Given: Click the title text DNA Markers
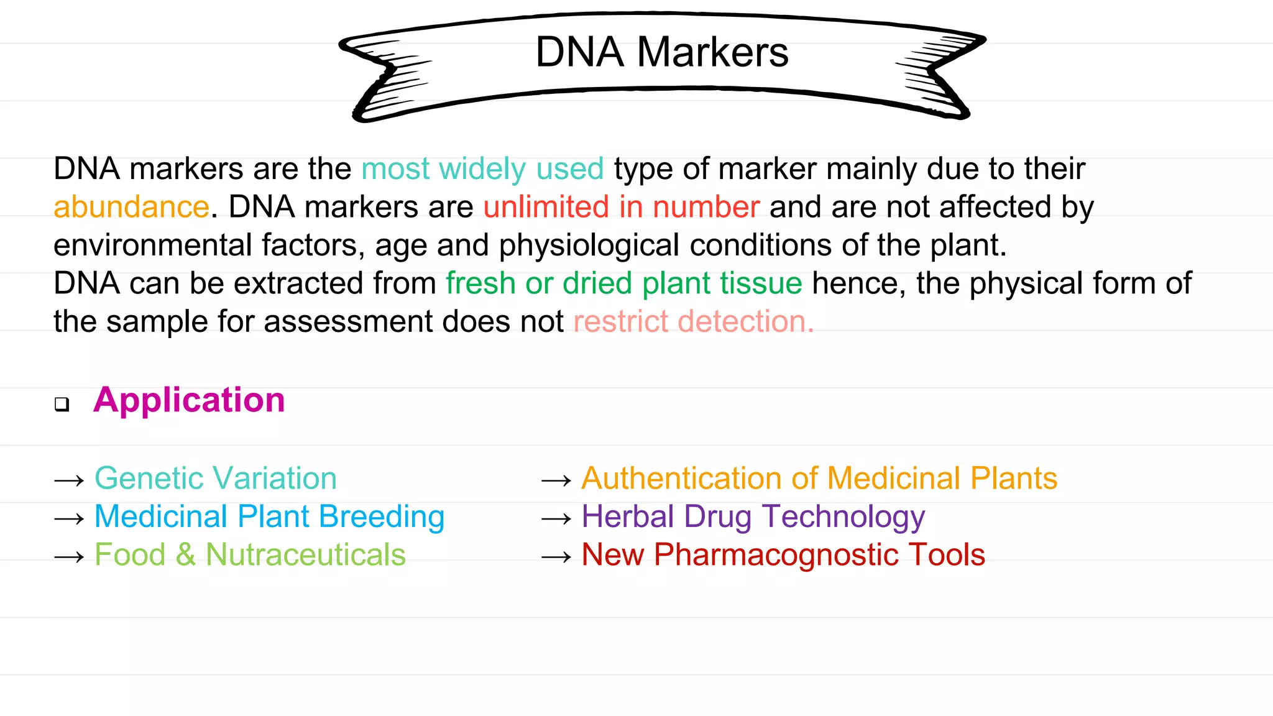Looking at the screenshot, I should point(661,52).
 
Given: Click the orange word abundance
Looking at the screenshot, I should point(131,207).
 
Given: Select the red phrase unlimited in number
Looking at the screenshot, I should point(621,207).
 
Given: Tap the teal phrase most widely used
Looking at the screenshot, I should point(482,169).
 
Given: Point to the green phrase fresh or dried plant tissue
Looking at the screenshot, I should point(623,283).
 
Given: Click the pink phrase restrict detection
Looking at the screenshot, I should point(693,322).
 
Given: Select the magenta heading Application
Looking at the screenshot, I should point(189,400).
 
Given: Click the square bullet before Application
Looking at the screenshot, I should point(62,405).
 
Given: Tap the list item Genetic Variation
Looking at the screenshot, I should point(215,479).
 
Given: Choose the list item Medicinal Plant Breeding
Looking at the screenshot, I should point(269,517).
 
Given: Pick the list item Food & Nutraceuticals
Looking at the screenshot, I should point(250,555).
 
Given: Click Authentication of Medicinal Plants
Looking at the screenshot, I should point(819,479).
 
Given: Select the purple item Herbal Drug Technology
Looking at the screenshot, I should point(753,517).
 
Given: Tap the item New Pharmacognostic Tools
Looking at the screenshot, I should point(783,555).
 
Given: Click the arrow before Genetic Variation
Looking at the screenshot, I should point(69,480).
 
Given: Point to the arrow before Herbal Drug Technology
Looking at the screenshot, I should point(556,518).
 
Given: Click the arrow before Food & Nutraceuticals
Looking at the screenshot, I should point(69,557).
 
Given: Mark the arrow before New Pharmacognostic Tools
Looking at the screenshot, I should point(556,557).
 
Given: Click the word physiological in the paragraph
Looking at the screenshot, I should point(589,246).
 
